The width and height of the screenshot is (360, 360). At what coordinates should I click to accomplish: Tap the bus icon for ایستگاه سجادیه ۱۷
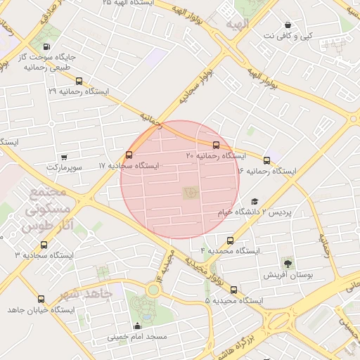[x=129, y=155]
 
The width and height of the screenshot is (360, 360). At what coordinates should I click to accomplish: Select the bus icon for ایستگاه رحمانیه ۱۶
[x=266, y=160]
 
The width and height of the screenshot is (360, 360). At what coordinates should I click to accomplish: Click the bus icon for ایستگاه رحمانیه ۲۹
[x=79, y=81]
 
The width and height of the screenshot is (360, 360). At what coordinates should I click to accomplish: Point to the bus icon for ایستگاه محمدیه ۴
[x=231, y=240]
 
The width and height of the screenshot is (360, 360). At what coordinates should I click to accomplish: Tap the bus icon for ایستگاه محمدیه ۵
[x=233, y=290]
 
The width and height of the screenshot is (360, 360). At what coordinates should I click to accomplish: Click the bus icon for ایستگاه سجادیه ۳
[x=44, y=245]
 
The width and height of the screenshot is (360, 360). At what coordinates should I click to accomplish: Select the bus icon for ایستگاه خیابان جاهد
[x=40, y=299]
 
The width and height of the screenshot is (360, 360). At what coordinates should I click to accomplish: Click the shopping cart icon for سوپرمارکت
[x=64, y=157]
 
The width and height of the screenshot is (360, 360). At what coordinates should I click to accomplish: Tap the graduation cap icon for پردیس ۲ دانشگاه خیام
[x=254, y=202]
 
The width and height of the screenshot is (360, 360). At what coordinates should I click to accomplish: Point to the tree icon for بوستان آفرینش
[x=288, y=263]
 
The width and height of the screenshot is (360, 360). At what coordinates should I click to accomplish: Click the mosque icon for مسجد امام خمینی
[x=137, y=326]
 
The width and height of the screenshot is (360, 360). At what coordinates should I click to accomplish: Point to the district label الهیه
[x=237, y=25]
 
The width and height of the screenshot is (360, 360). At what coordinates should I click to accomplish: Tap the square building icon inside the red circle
[x=190, y=191]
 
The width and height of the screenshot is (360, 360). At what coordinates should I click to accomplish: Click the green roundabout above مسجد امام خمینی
[x=153, y=289]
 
